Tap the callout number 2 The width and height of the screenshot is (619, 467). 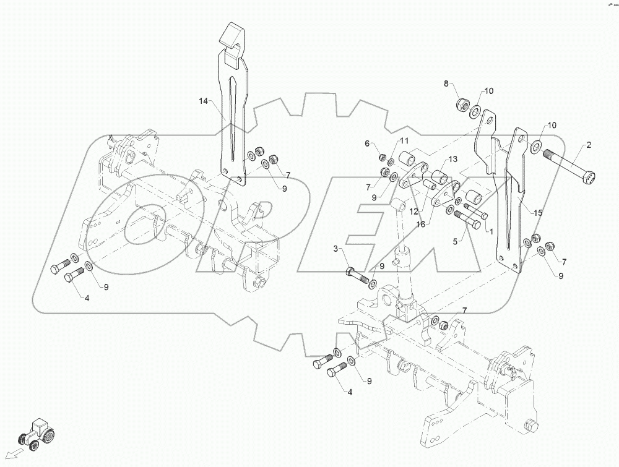pos(589,145)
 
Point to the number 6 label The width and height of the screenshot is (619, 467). pos(366,144)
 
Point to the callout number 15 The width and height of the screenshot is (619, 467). pos(538,213)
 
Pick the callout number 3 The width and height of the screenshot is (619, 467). pos(337,249)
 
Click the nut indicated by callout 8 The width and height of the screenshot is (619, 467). pos(461,105)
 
